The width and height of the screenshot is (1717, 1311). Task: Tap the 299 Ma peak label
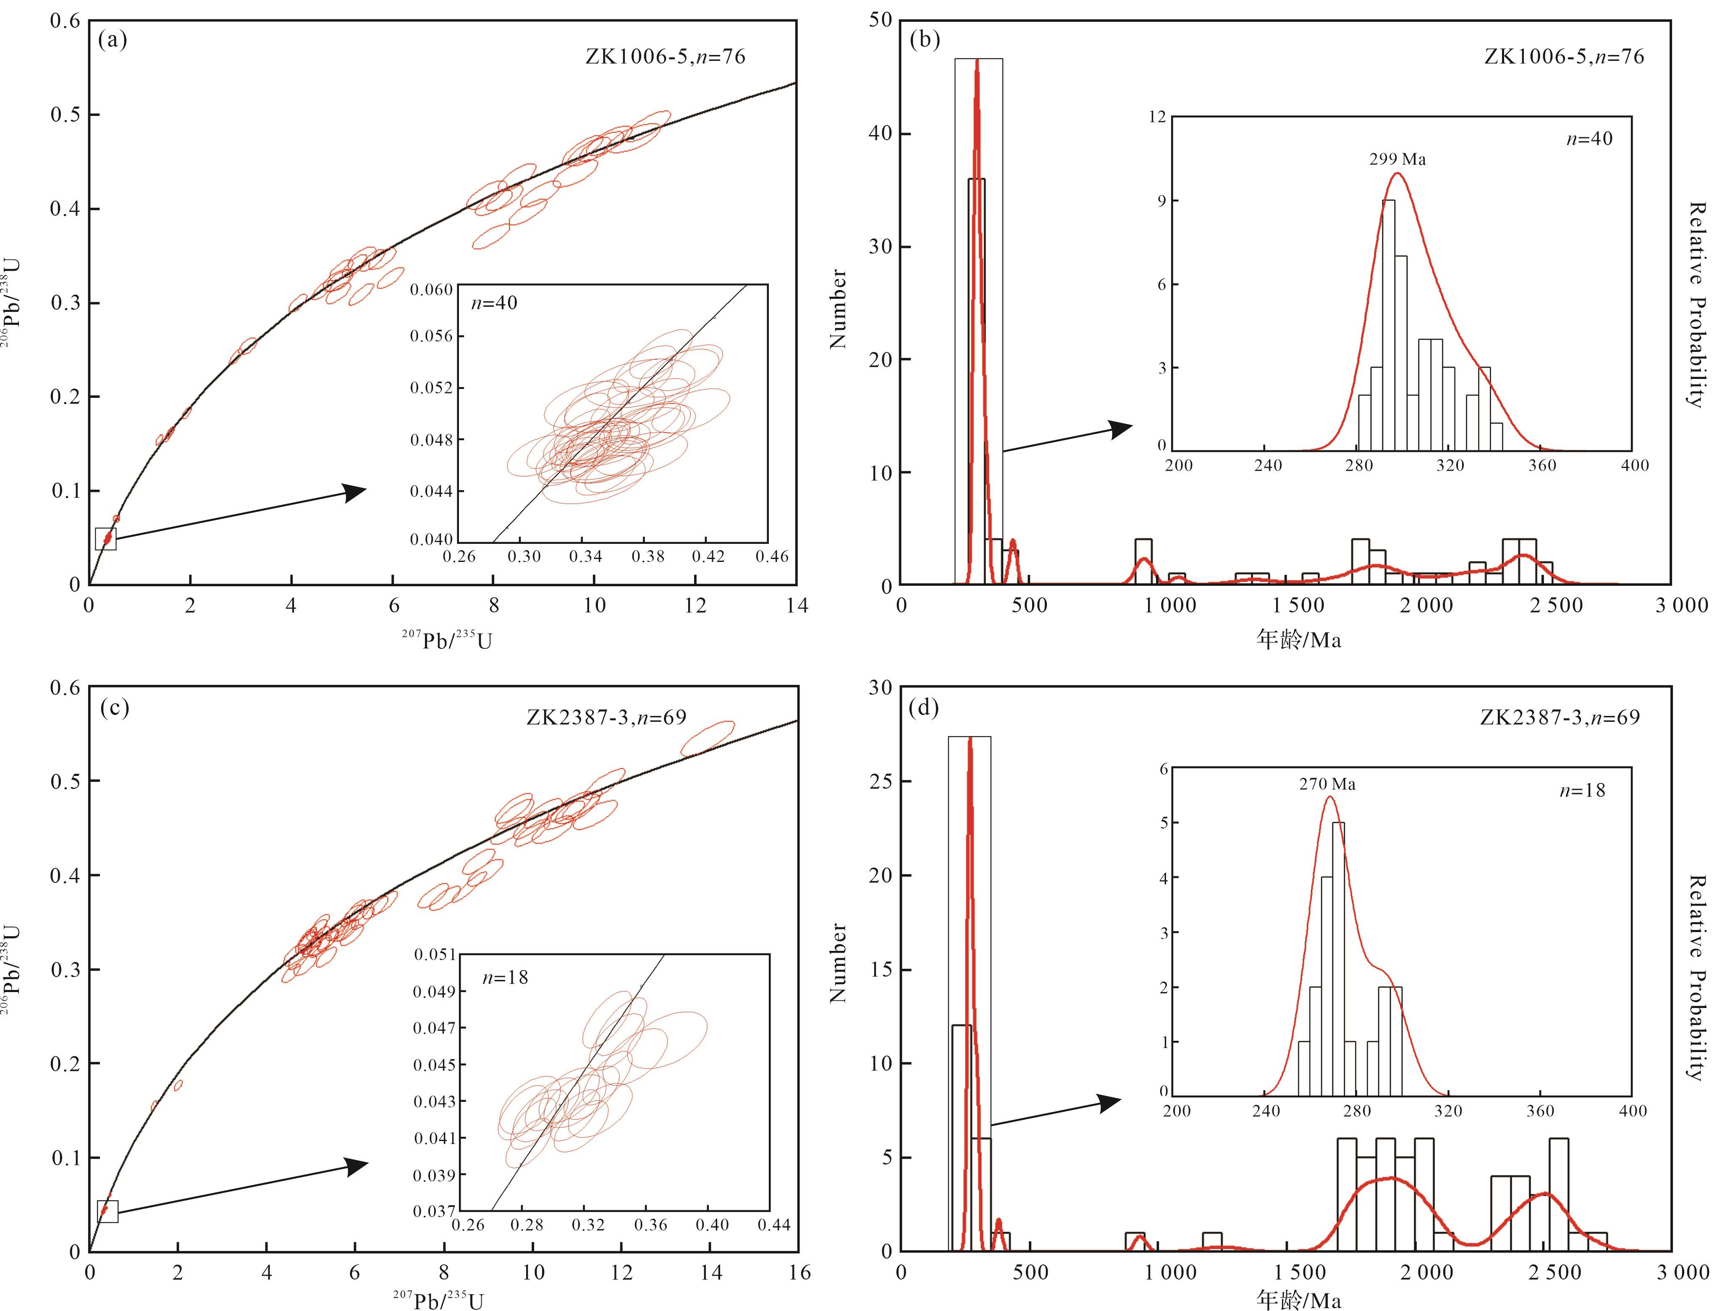pos(1397,159)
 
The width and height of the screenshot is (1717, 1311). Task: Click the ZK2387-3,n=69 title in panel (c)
pos(606,717)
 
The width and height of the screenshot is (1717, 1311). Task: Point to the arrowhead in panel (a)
pos(355,492)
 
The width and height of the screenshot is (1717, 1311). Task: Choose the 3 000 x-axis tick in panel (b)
pos(1681,606)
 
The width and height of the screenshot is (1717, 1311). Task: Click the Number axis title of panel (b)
pos(838,308)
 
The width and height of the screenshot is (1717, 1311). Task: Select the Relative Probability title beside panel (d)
pos(1696,977)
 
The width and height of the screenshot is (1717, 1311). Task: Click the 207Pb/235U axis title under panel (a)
pos(447,640)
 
